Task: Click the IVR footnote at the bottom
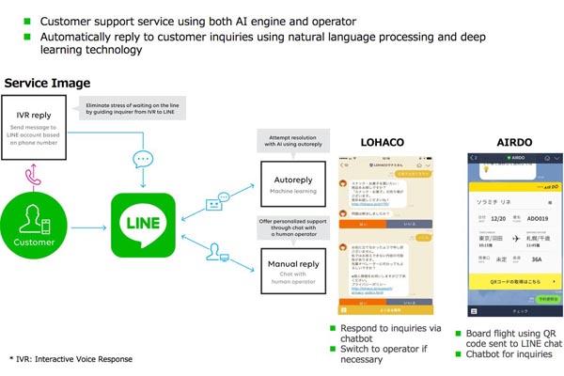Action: [x=70, y=359]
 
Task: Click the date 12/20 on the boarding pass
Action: [x=498, y=219]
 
